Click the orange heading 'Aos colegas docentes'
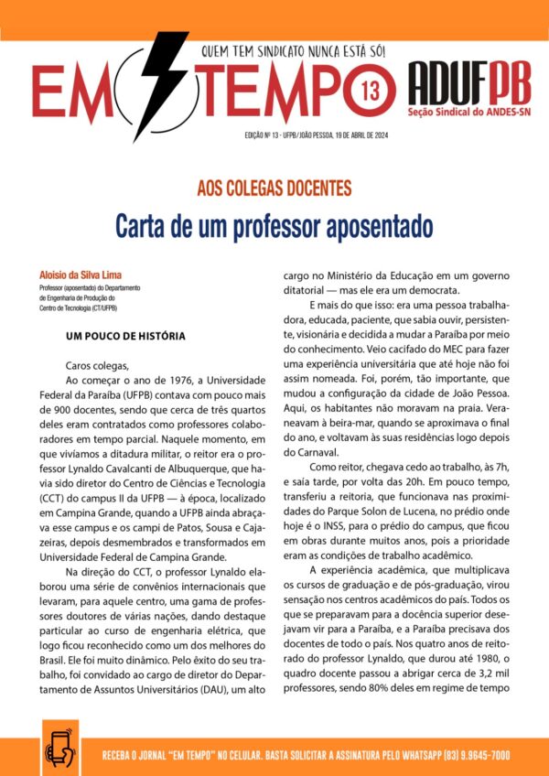coord(274,189)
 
